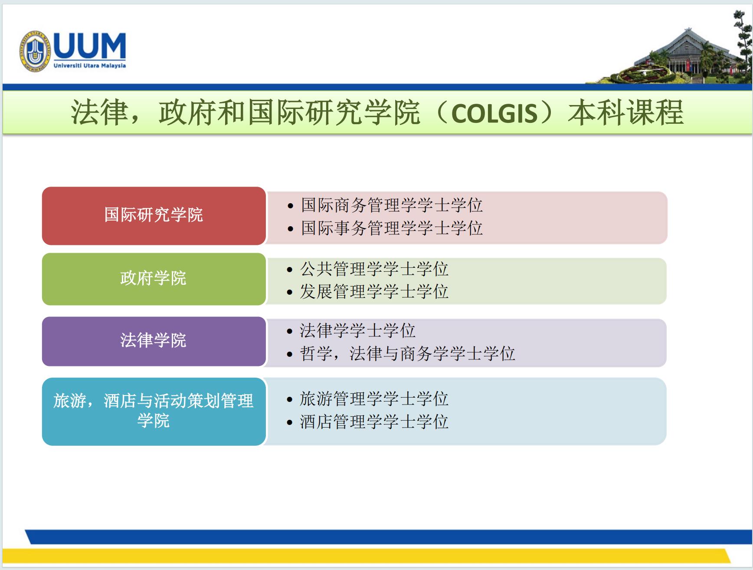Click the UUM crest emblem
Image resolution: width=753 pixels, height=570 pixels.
[35, 52]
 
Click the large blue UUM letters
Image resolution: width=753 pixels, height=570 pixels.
[90, 46]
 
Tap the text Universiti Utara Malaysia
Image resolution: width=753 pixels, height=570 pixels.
[90, 66]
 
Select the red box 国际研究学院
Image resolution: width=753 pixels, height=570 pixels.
[154, 216]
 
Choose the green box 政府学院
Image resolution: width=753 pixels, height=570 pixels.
[154, 279]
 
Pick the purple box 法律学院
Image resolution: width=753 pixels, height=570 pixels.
[154, 341]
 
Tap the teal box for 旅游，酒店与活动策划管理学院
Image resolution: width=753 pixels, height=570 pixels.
[154, 411]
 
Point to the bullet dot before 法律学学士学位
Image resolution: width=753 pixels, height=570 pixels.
[290, 332]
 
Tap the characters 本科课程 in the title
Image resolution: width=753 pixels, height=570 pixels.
[626, 113]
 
